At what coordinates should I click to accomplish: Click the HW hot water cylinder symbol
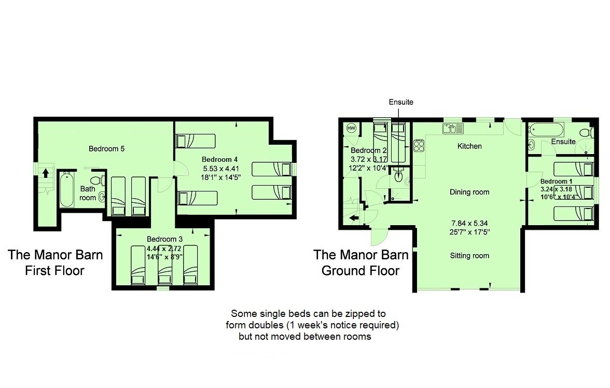351,128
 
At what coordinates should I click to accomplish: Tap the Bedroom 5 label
107,149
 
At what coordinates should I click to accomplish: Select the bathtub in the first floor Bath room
67,190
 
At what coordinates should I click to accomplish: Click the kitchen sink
453,128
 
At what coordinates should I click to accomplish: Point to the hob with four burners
419,146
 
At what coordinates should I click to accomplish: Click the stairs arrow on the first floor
46,173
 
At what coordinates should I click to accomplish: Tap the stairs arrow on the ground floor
354,218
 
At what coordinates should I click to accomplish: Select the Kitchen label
469,146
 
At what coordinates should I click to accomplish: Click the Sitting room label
469,256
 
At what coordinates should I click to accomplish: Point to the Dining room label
469,192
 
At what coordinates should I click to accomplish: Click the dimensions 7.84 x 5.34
469,224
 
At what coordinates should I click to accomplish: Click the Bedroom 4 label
219,160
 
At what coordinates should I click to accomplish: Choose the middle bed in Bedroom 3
164,266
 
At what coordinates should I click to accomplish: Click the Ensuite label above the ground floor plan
401,102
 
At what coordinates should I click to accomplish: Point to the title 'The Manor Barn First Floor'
55,262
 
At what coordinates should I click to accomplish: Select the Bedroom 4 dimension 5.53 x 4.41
221,169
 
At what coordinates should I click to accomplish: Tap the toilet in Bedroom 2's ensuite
398,176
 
